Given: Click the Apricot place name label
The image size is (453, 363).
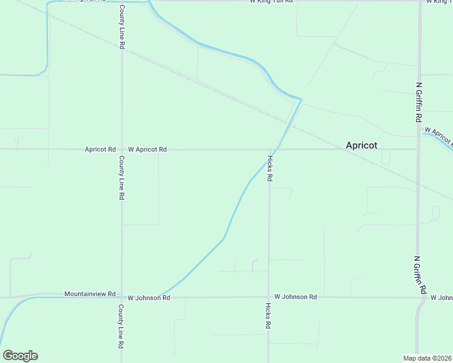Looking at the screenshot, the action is click(362, 145).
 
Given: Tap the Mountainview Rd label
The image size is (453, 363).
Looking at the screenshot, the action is click(90, 294).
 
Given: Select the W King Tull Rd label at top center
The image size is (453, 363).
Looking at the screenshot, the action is click(271, 2).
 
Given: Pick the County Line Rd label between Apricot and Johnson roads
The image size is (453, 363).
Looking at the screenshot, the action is click(122, 178).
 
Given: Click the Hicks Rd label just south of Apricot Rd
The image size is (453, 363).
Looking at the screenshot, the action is click(269, 169).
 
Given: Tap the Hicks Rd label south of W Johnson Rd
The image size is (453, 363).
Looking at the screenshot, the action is click(268, 315).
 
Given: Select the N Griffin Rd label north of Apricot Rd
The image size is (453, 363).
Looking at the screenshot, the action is click(418, 102).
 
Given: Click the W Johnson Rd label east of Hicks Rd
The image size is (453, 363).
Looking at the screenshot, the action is click(296, 297).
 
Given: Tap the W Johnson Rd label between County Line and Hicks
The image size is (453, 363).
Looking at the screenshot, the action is click(149, 298).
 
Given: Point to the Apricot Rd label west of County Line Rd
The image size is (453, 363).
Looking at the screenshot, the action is click(100, 149).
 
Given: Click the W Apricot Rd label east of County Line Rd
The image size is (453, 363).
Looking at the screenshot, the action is click(147, 149).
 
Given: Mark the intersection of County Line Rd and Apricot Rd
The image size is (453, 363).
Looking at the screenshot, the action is click(122, 149).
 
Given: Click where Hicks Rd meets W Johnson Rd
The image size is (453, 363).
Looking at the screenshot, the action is click(268, 297).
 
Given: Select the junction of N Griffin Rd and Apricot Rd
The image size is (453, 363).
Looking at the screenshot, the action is click(418, 149).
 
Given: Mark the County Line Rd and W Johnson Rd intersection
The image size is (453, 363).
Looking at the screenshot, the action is click(122, 297).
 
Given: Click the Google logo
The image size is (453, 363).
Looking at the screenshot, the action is click(20, 356).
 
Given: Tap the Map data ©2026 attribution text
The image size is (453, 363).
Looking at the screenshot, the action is click(428, 358).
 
